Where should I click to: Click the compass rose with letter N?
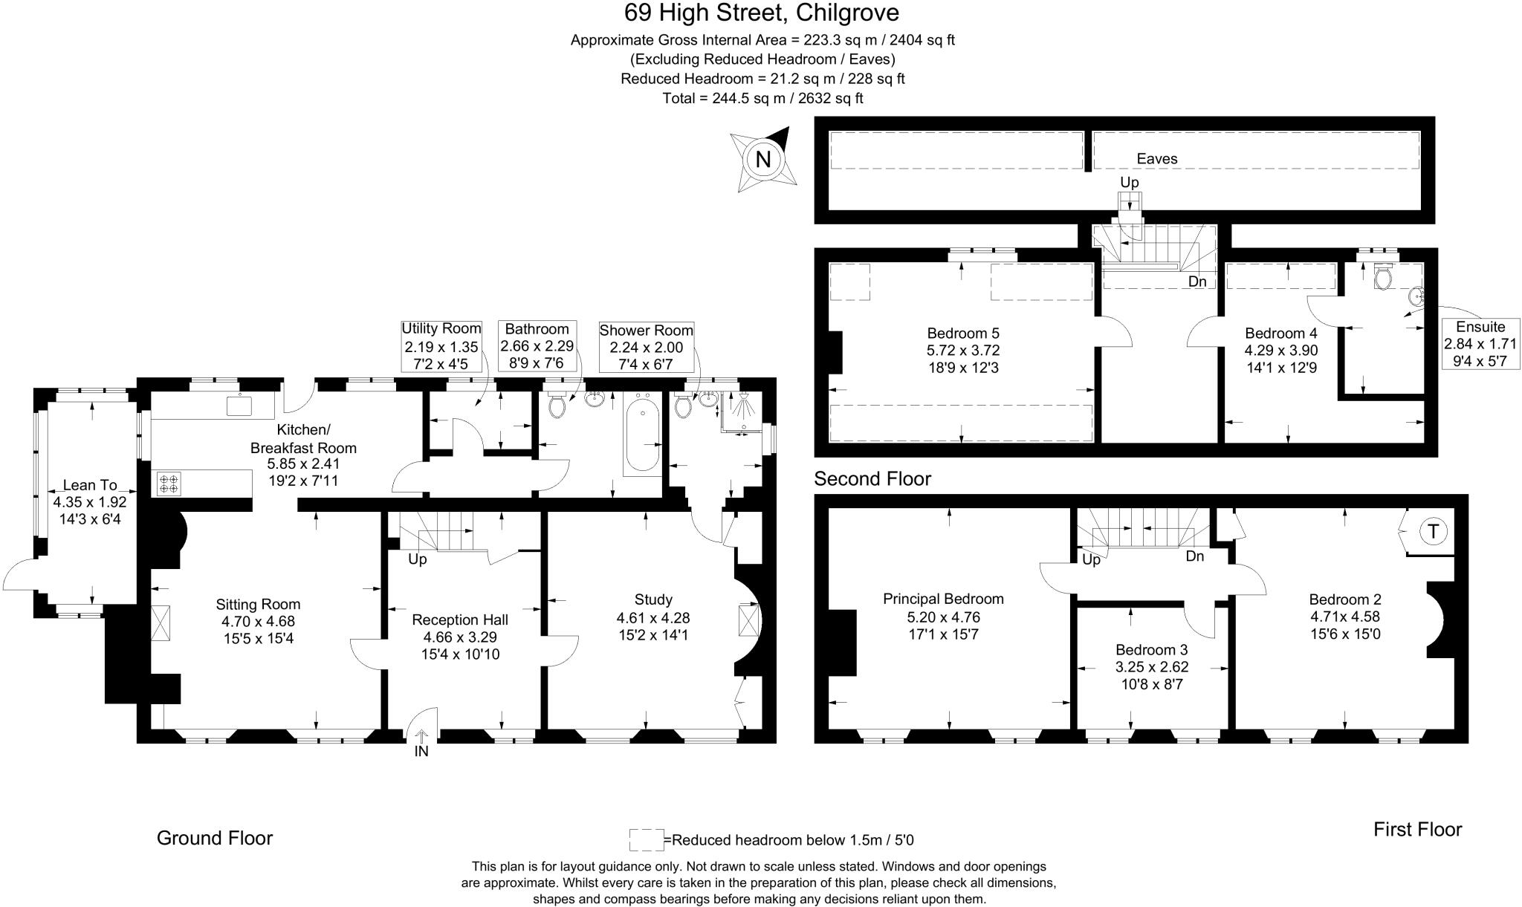pos(763,159)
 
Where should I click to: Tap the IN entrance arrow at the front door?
pos(421,744)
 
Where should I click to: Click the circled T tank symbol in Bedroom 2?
pos(1433,531)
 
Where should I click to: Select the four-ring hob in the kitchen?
pos(169,484)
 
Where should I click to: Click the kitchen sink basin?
pos(241,406)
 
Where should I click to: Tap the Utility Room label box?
pos(441,346)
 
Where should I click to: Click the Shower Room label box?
pos(646,348)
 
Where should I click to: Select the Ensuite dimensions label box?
pos(1480,344)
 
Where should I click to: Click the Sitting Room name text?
pos(258,604)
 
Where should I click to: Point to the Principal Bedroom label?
pos(943,599)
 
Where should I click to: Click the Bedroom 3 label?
pos(1150,649)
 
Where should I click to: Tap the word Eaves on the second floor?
pos(1157,158)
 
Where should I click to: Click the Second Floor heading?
pos(872,478)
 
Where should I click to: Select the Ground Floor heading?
pos(215,838)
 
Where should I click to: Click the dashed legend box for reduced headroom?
pos(646,839)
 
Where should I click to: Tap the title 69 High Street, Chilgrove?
pos(761,13)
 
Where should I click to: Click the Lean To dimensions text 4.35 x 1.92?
pos(90,502)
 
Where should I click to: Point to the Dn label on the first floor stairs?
pos(1195,556)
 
